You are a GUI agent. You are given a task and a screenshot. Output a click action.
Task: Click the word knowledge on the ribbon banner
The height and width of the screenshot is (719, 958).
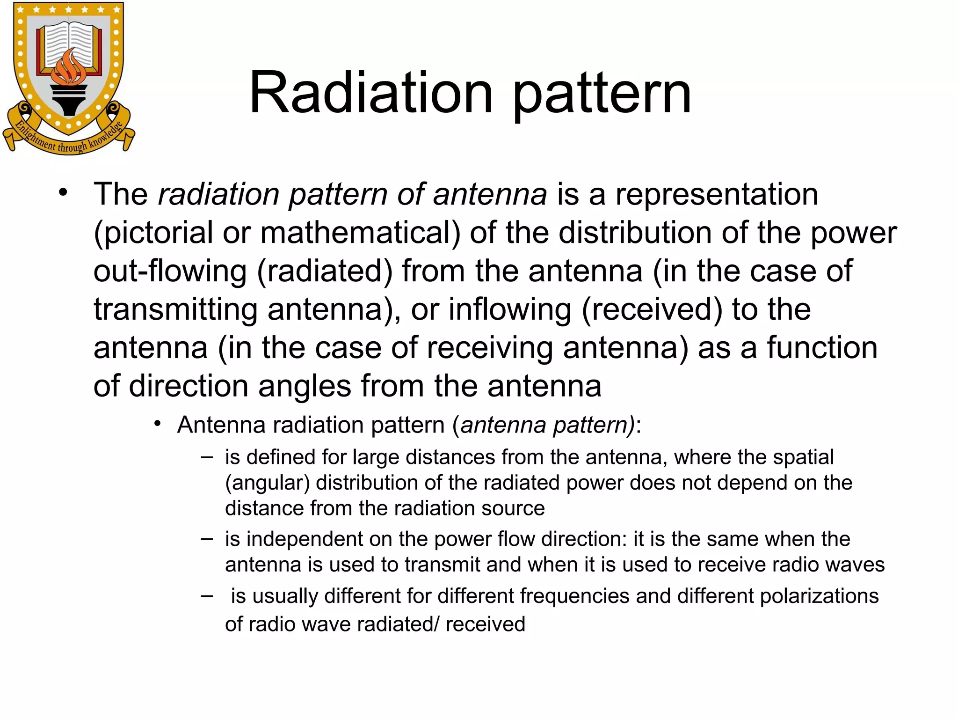coord(106,136)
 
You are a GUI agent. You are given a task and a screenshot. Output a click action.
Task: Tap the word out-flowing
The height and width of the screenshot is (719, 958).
coord(170,271)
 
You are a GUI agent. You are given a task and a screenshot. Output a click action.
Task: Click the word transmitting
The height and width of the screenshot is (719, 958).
coord(175,310)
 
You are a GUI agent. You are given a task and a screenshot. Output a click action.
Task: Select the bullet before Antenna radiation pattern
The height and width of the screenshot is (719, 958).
coord(158,424)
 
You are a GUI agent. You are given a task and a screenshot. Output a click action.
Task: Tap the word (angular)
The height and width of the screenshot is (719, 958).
coord(267,483)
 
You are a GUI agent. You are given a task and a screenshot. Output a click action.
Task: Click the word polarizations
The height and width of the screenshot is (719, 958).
coord(819,596)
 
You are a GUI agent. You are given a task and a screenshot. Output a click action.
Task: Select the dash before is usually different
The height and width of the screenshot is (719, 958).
coord(207,596)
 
